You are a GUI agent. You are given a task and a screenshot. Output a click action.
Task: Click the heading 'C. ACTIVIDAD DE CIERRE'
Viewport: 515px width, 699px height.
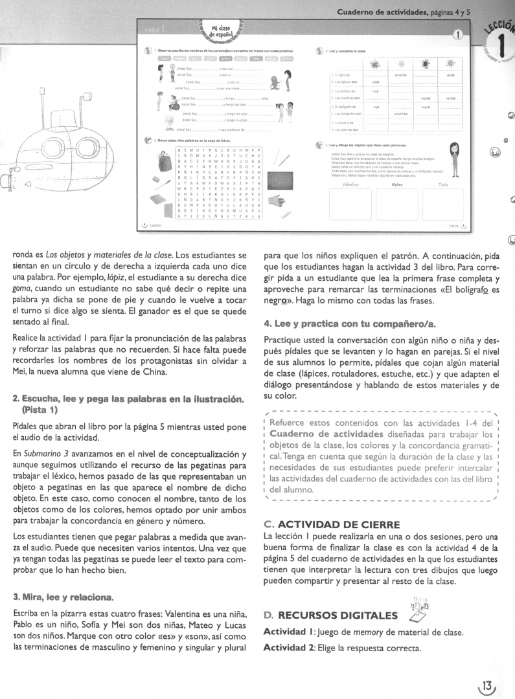pyautogui.click(x=332, y=524)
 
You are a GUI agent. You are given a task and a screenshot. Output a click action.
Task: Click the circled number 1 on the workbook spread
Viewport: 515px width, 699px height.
pyautogui.click(x=457, y=36)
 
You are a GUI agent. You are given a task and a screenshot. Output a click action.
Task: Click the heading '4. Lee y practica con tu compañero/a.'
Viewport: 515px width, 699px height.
pyautogui.click(x=350, y=323)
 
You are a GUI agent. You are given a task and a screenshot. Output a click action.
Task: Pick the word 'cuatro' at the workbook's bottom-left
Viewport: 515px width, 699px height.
pyautogui.click(x=155, y=225)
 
